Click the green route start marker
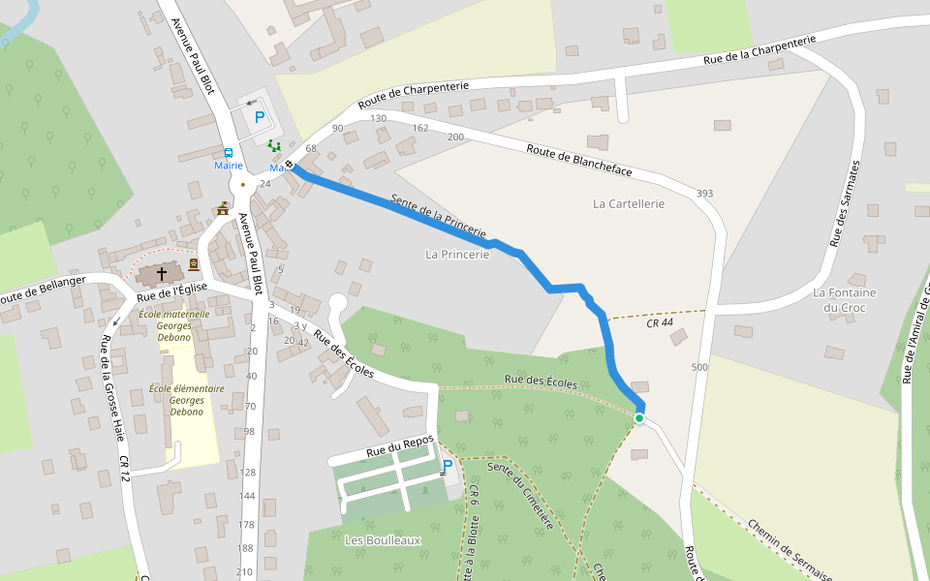click(639, 417)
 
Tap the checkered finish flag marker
click(289, 165)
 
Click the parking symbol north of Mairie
click(259, 118)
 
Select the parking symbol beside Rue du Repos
click(448, 466)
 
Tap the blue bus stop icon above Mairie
click(229, 153)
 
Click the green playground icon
click(274, 146)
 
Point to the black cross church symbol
click(162, 274)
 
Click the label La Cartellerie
click(629, 203)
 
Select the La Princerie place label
click(457, 254)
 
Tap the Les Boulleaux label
click(383, 540)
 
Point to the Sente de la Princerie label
click(437, 216)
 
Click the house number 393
click(704, 194)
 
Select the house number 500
click(699, 367)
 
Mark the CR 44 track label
click(659, 323)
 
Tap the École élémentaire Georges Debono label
click(187, 400)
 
